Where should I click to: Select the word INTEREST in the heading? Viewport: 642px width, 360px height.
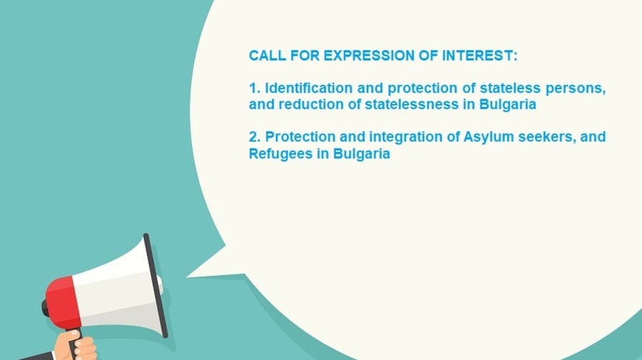477,56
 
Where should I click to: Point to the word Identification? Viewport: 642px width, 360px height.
309,88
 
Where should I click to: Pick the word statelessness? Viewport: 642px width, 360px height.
412,104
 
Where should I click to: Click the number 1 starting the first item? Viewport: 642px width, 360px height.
253,88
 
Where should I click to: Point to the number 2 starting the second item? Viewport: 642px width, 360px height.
253,137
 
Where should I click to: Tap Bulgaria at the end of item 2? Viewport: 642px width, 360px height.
362,154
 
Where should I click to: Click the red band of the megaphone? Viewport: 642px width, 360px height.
63,303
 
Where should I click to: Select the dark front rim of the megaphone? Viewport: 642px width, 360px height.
156,286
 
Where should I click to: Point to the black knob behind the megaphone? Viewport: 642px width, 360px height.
45,308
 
